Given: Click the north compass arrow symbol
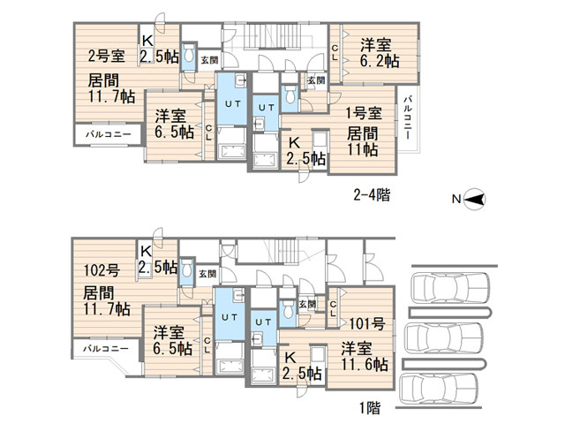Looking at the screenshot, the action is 475,199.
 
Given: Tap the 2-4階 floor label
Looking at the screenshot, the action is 372,195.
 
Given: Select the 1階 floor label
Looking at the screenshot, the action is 370,408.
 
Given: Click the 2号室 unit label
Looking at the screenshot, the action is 106,56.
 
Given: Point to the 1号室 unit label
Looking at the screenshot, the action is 364,113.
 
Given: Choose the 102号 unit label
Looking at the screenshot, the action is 102,269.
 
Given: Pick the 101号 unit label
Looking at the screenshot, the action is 367,323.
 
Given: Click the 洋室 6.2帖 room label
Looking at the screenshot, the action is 380,53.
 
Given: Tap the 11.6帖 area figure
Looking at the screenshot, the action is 365,364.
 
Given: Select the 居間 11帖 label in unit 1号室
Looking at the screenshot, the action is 363,141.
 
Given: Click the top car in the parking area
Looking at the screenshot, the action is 451,288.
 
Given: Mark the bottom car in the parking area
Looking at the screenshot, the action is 439,389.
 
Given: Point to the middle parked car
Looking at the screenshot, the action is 443,338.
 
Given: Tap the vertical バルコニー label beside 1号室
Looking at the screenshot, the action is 408,117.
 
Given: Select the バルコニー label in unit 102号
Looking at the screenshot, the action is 106,349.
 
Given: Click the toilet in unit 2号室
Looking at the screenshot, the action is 188,55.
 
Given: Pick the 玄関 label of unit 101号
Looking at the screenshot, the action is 307,304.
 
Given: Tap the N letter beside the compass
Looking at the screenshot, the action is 456,199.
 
